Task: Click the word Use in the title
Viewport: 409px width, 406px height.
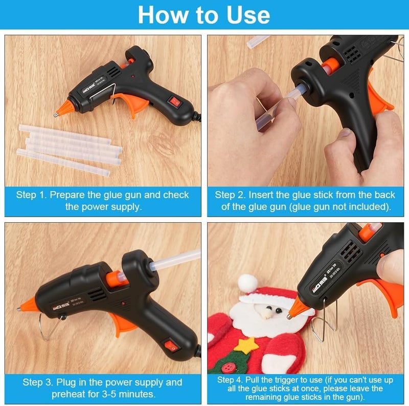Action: (248, 15)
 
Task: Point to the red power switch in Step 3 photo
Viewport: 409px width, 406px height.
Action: (171, 345)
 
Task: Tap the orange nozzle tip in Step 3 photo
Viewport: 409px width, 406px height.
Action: (27, 306)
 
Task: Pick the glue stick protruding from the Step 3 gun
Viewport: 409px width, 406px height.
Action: (175, 260)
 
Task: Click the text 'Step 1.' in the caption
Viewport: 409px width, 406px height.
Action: (31, 195)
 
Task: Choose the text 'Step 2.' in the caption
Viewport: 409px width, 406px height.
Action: (230, 195)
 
